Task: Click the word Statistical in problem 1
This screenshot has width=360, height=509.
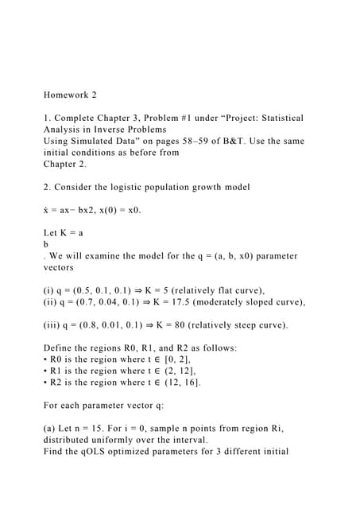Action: coord(275,118)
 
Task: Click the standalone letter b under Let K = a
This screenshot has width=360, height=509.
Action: coord(46,244)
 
